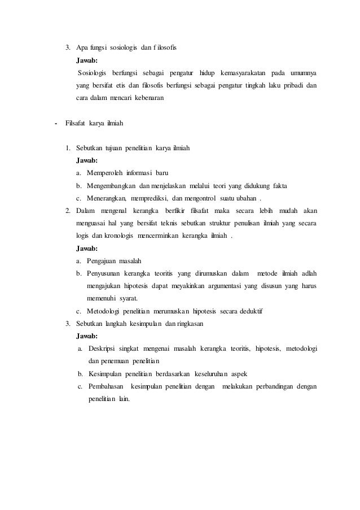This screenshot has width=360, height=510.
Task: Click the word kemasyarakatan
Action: coord(236,73)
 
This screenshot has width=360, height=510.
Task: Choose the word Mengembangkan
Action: coord(110,186)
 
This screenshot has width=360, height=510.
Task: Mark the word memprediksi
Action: coord(148,198)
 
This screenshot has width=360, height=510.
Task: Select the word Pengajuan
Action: coord(102,261)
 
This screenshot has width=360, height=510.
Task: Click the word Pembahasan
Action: coord(106,386)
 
